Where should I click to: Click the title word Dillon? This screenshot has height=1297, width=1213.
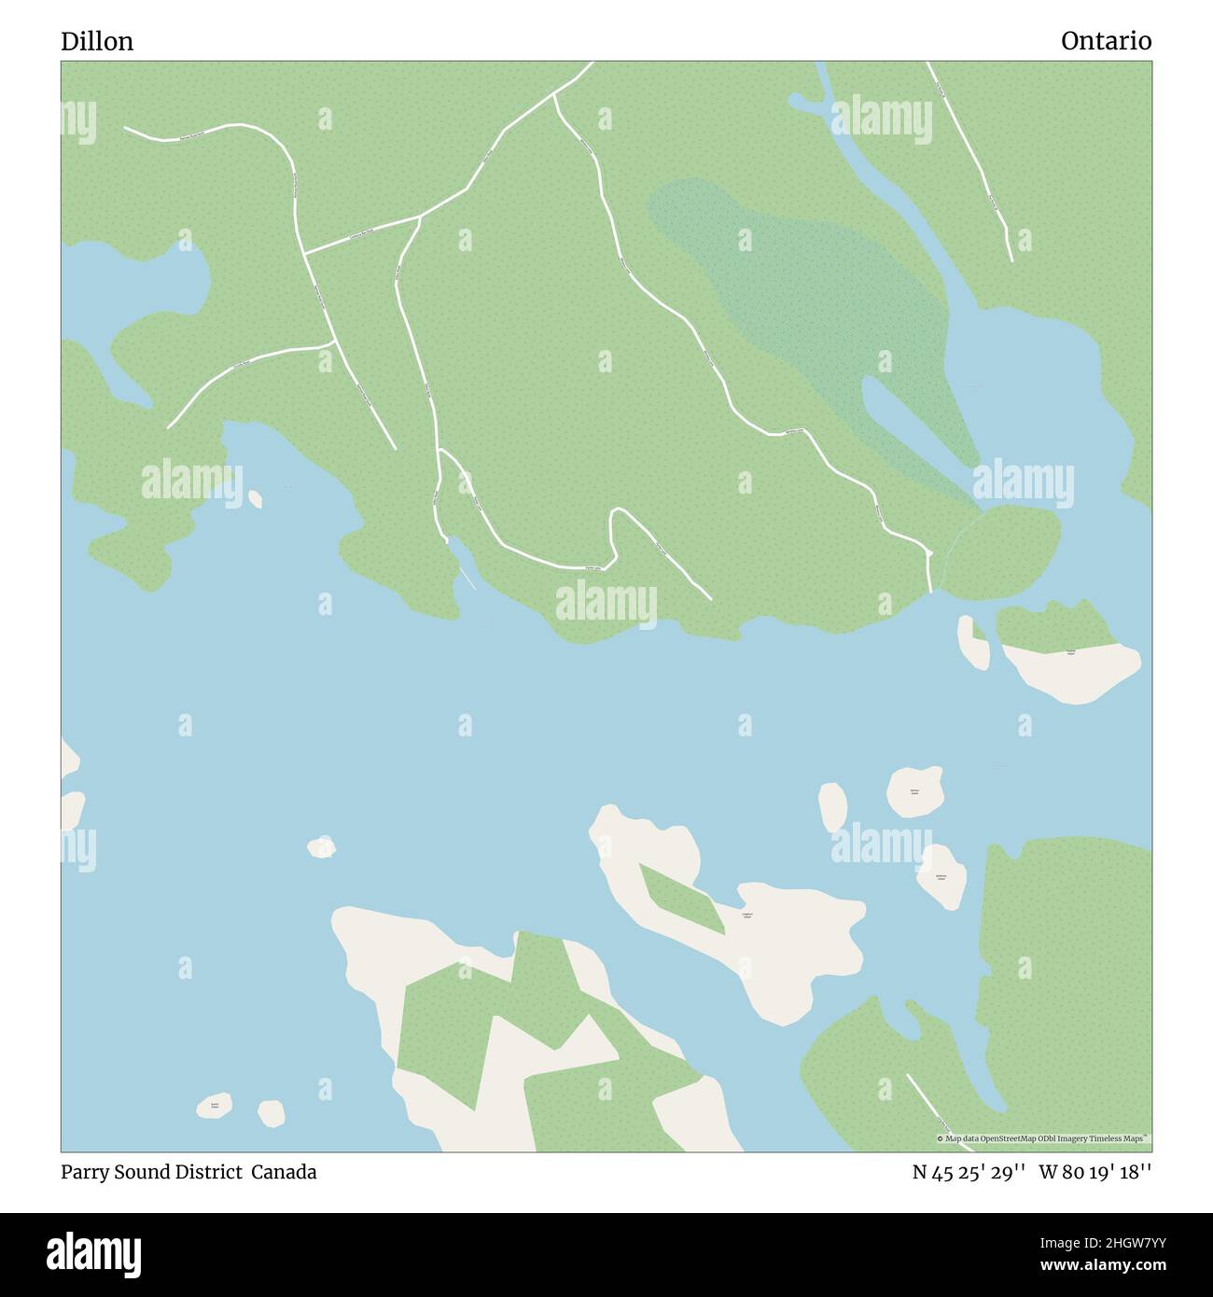click(x=97, y=41)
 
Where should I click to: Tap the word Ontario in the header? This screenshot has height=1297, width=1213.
click(x=1106, y=41)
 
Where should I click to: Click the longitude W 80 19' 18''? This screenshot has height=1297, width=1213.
click(x=1094, y=1172)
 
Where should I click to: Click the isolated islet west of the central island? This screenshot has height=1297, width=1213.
click(x=321, y=846)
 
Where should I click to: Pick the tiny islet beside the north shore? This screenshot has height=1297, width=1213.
click(x=255, y=498)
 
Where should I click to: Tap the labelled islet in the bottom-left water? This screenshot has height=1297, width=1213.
click(x=215, y=1106)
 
